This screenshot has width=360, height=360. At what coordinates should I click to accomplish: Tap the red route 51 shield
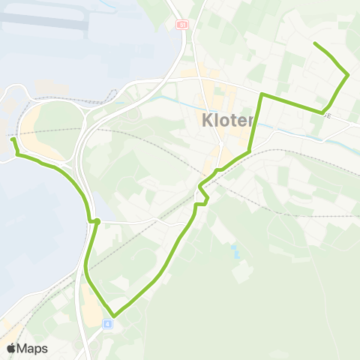coord(181,25)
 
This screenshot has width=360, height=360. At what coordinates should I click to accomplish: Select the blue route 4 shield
coord(108,324)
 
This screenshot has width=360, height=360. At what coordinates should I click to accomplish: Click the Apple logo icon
coord(11,349)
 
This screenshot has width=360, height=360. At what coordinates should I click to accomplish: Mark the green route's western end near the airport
coord(13,139)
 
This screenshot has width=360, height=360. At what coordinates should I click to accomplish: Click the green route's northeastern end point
coord(314,44)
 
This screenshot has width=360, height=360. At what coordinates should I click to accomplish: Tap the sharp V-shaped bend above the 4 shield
coord(113,316)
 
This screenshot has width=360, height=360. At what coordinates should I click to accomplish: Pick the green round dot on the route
coord(97,220)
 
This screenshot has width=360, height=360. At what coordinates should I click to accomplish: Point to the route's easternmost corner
coord(348,74)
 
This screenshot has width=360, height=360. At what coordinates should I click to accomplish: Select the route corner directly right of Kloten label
coord(262,95)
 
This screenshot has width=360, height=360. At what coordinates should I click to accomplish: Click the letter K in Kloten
coord(207,120)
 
